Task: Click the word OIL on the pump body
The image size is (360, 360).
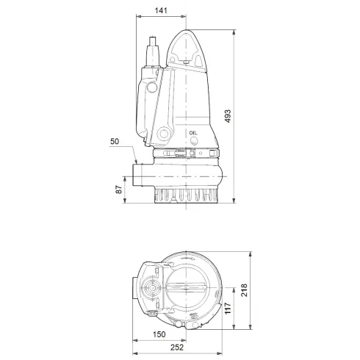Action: click(194, 133)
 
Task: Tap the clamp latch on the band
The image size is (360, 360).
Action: click(181, 155)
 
